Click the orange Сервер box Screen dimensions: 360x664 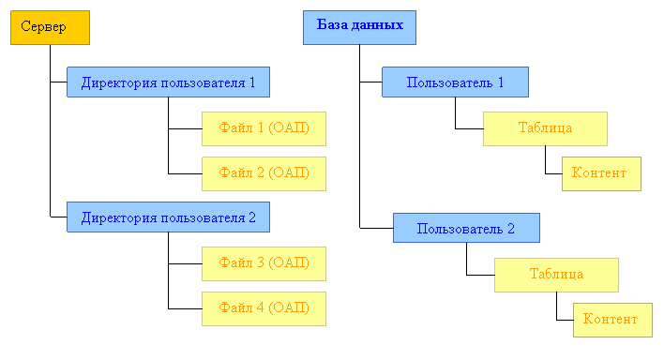(x=50, y=27)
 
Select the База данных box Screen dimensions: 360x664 (x=359, y=27)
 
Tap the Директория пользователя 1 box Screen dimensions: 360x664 (x=168, y=82)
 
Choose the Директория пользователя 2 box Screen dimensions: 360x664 (x=168, y=217)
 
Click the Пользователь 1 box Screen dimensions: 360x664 (x=455, y=82)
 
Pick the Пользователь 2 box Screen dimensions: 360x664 (x=466, y=228)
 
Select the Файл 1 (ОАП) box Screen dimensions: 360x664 (x=264, y=128)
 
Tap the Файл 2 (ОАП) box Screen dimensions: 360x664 (x=264, y=173)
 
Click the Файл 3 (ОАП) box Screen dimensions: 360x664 (x=264, y=263)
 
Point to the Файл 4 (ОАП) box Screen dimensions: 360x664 (x=264, y=308)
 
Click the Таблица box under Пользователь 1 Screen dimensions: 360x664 (x=545, y=128)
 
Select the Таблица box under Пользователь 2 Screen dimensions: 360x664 (x=556, y=275)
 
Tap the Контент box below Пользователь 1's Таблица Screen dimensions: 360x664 (x=601, y=173)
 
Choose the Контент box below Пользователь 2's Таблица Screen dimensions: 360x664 (x=611, y=320)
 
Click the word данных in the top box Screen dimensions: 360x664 (x=380, y=25)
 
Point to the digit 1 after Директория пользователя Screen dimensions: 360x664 (x=251, y=82)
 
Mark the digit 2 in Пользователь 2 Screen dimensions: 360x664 (x=511, y=228)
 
